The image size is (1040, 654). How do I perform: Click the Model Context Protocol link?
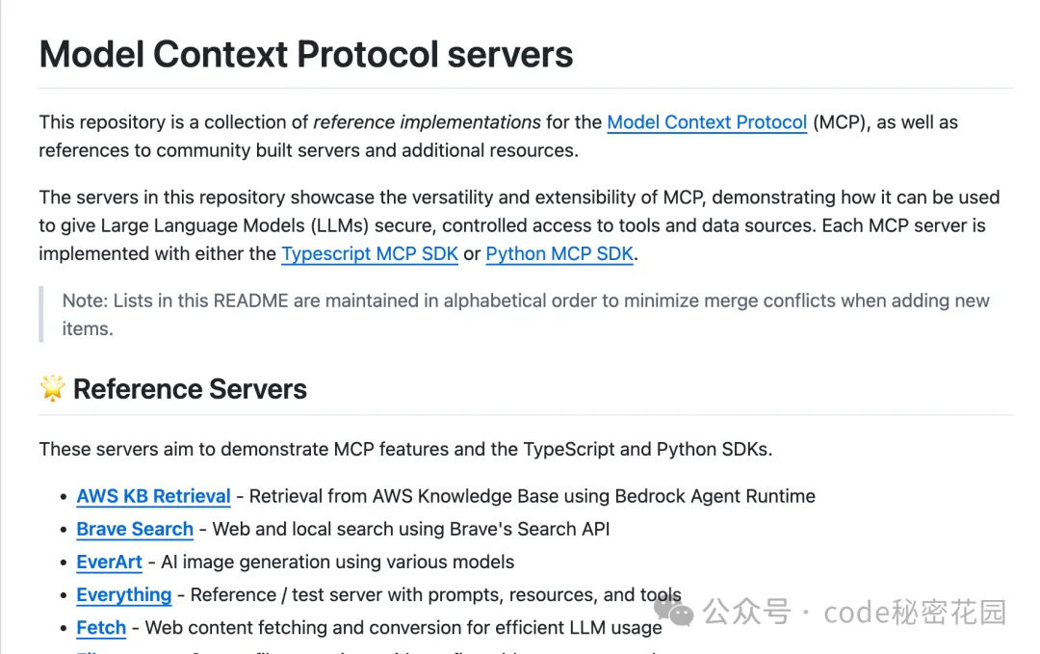[x=707, y=122]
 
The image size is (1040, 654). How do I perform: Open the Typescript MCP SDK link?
[x=369, y=254]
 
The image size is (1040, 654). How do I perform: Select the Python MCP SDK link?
[x=560, y=254]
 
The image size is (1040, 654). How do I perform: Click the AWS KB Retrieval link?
[x=153, y=496]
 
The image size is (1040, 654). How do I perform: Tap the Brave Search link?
[x=135, y=529]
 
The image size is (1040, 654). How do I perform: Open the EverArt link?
[x=109, y=562]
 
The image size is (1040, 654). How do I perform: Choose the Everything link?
[x=123, y=594]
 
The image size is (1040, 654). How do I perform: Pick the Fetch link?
[x=101, y=628]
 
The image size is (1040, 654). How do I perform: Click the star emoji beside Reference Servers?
[x=52, y=388]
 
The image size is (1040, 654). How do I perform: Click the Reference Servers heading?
[x=190, y=389]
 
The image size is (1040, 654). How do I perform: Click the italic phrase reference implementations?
[x=427, y=122]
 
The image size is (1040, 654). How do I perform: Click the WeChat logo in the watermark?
[x=673, y=611]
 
